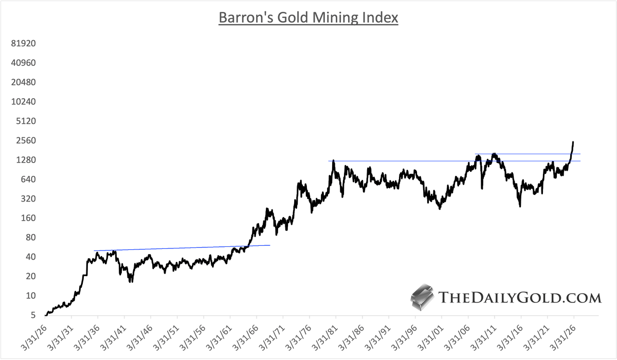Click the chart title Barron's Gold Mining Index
pos(308,17)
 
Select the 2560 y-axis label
pos(25,140)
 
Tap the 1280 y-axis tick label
pos(25,160)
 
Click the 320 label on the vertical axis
pos(27,199)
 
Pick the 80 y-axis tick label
pos(30,237)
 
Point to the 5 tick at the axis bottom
pos(32,315)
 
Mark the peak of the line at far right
pos(573,142)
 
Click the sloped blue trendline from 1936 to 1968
pos(180,248)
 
